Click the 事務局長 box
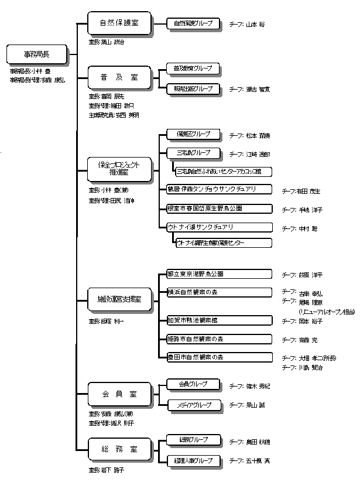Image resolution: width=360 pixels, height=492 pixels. tap(36, 54)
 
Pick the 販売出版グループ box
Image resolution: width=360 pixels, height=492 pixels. tap(193, 88)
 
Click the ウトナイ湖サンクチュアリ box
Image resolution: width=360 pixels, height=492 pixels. tap(219, 226)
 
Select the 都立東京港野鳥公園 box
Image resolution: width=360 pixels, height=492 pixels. tap(219, 274)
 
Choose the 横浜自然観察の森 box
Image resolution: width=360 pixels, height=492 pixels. tap(219, 292)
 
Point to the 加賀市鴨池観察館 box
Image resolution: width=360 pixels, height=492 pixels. tap(219, 320)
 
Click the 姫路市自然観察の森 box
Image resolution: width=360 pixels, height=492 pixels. tap(219, 339)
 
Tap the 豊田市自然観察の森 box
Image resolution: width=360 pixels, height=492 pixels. tap(219, 357)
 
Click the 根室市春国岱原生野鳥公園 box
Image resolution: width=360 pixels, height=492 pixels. tap(219, 208)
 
